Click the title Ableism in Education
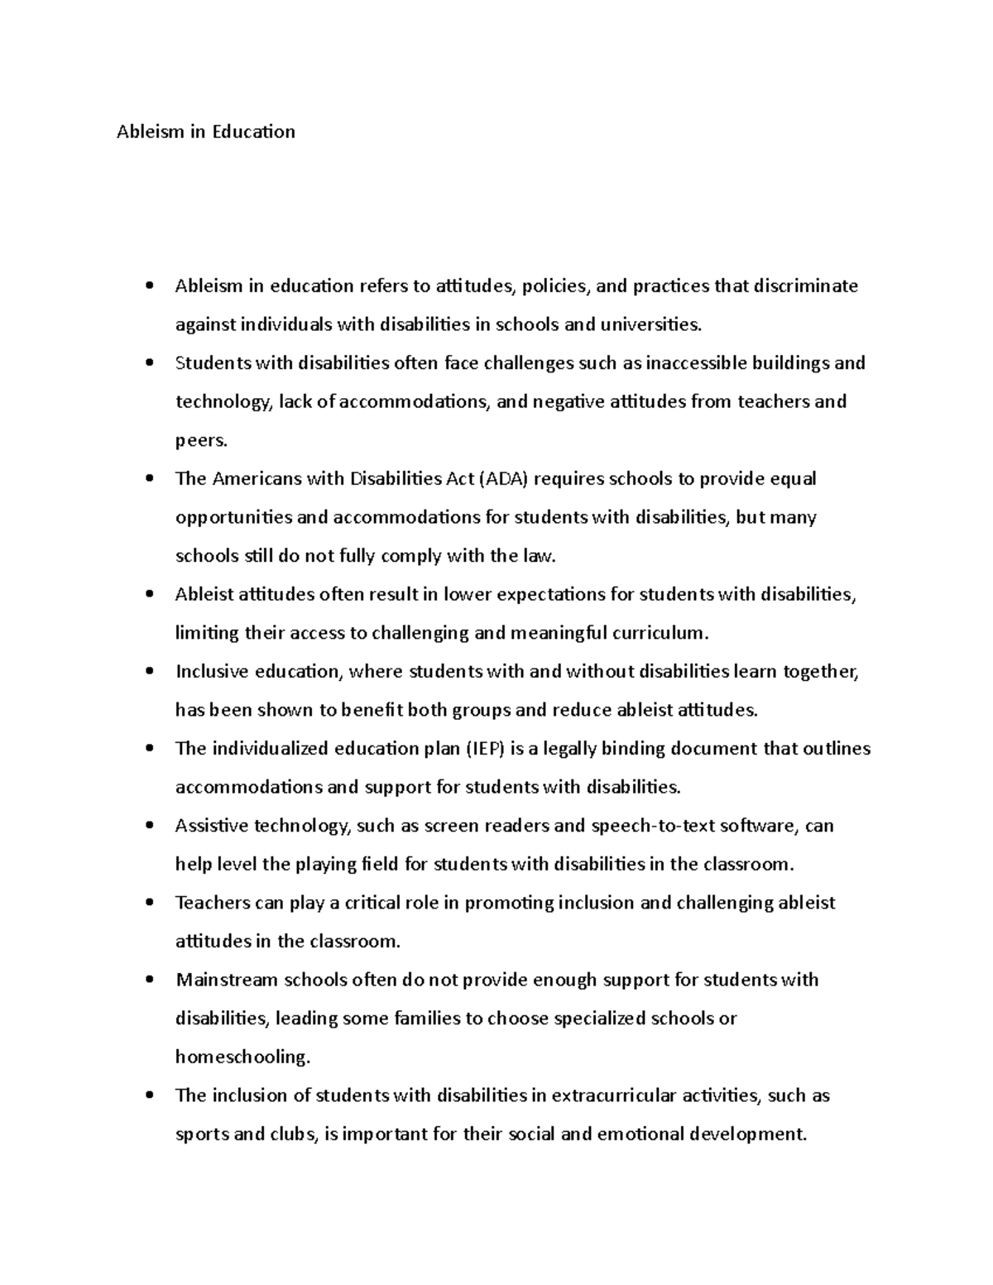(x=205, y=132)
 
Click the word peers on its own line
(x=199, y=441)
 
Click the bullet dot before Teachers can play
(x=149, y=904)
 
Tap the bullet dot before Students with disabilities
(x=149, y=363)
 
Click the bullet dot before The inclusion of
(x=149, y=1096)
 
